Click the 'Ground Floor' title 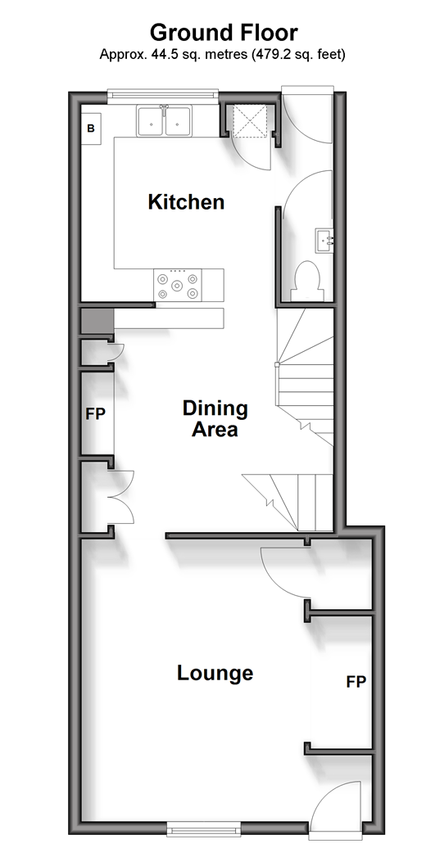224,33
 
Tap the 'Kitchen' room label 186,202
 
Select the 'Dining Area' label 215,418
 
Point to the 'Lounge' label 215,674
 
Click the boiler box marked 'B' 91,129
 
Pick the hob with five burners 177,285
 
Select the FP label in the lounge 356,682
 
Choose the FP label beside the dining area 96,414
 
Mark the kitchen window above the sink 163,97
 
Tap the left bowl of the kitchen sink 151,121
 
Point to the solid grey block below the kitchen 97,322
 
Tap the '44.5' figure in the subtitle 155,54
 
